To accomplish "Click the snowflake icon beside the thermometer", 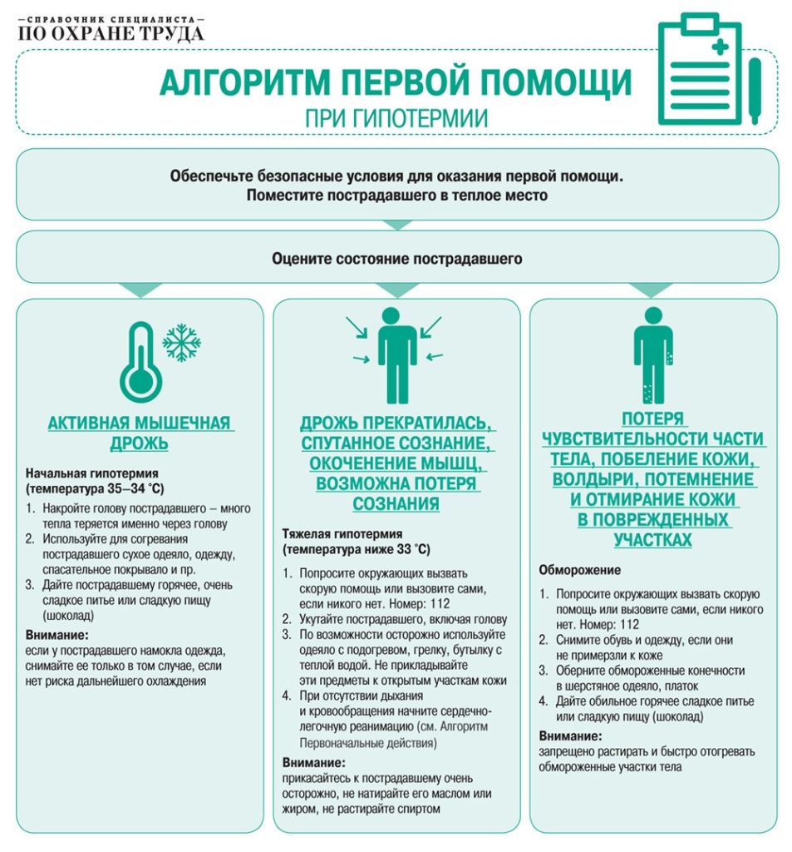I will click(x=181, y=342).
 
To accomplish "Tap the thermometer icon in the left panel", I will click(x=140, y=359).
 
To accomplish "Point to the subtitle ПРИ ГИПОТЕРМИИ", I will click(x=396, y=117).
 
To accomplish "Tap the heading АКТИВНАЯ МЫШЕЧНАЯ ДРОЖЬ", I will click(x=139, y=433).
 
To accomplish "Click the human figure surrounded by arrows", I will click(x=396, y=353).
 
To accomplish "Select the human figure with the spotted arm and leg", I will click(x=652, y=353).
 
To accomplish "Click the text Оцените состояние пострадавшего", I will click(x=396, y=259).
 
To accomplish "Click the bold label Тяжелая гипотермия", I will click(x=342, y=533).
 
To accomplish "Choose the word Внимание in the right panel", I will click(x=569, y=736).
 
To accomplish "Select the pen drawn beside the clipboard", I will click(x=755, y=91).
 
